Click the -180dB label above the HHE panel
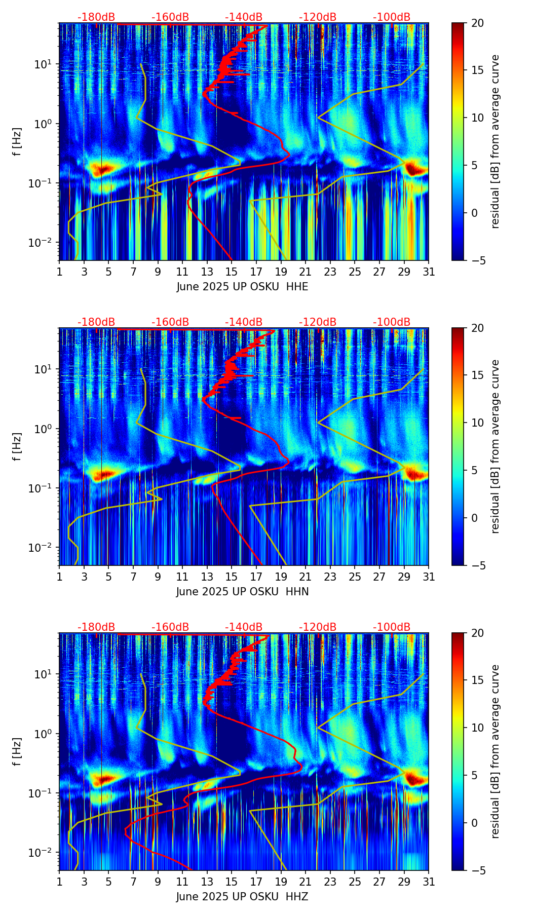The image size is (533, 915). pyautogui.click(x=96, y=17)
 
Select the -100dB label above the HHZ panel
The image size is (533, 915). pyautogui.click(x=392, y=627)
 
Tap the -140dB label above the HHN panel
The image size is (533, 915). pyautogui.click(x=244, y=322)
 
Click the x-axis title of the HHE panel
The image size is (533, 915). pyautogui.click(x=242, y=287)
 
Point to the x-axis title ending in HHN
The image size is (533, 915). pyautogui.click(x=242, y=592)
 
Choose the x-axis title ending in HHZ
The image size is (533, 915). pyautogui.click(x=242, y=897)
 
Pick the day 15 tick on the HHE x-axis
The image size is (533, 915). pyautogui.click(x=232, y=272)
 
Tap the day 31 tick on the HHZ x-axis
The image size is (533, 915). pyautogui.click(x=429, y=882)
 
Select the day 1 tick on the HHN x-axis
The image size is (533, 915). pyautogui.click(x=59, y=577)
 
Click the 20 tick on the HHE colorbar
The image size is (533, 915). pyautogui.click(x=477, y=23)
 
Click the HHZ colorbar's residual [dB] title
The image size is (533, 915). pyautogui.click(x=495, y=751)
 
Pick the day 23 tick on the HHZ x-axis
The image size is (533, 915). pyautogui.click(x=330, y=882)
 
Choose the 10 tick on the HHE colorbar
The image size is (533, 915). pyautogui.click(x=477, y=118)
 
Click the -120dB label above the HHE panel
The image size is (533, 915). pyautogui.click(x=318, y=17)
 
